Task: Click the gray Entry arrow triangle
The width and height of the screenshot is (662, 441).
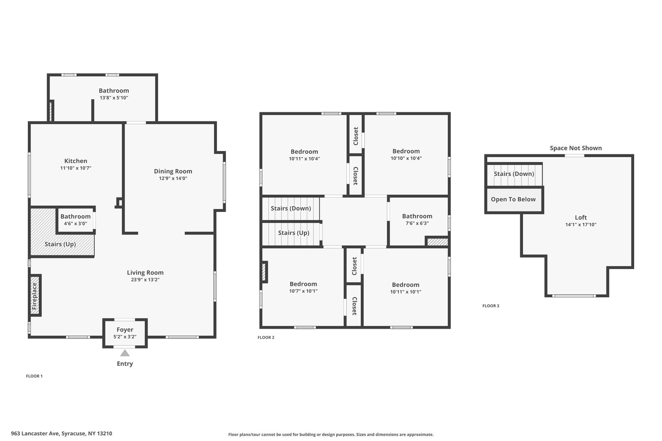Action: tap(125, 353)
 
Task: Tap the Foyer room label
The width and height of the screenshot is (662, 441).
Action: tap(125, 330)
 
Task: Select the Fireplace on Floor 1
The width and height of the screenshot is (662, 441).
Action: tap(35, 295)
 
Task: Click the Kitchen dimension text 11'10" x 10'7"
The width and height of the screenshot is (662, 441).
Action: tap(76, 168)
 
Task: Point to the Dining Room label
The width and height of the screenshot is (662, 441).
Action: tap(173, 171)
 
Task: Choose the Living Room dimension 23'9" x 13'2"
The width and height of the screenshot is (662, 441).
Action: tap(145, 279)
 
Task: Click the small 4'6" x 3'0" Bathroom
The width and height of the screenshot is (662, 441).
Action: tap(76, 220)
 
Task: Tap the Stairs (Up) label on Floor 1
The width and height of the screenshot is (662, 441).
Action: tap(60, 244)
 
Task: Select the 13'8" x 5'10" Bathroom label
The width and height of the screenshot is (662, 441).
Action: tap(114, 90)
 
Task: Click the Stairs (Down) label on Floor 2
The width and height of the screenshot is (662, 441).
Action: tap(291, 208)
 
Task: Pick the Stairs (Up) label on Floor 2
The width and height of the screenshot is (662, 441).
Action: tap(293, 233)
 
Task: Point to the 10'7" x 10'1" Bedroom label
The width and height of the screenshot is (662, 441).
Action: tap(303, 284)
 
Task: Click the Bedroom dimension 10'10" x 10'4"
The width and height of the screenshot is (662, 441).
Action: tap(406, 158)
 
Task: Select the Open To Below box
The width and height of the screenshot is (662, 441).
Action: tap(514, 199)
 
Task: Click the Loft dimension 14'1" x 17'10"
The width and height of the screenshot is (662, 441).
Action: tap(581, 225)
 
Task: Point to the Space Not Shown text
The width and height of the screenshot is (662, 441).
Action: tap(576, 148)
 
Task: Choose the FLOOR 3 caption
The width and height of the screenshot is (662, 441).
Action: tap(491, 306)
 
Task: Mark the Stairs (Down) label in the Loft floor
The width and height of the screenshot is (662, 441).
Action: tap(514, 174)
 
